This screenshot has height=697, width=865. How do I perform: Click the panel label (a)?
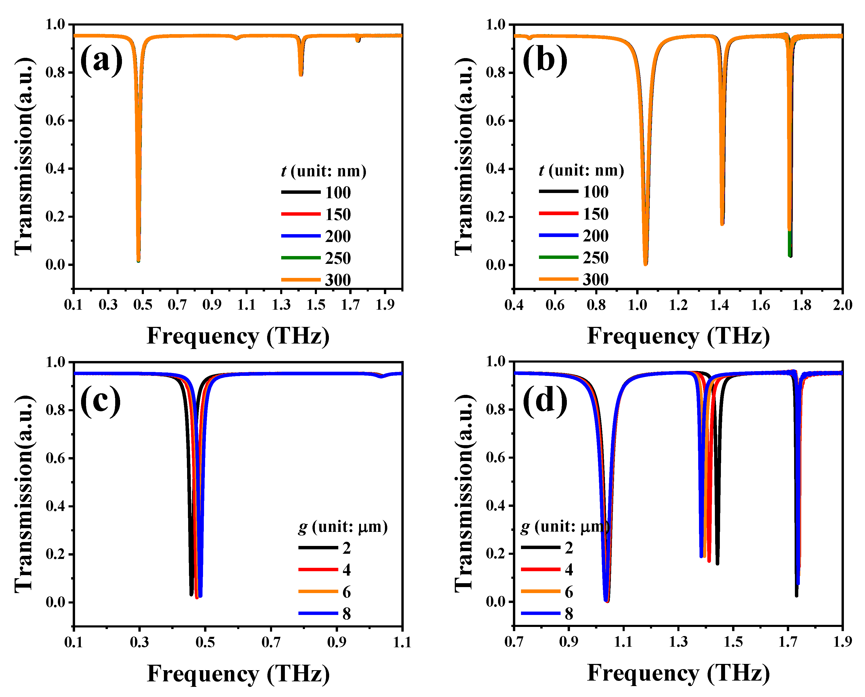click(101, 60)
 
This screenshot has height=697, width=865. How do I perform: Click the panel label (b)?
click(545, 60)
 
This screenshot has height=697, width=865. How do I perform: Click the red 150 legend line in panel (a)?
click(300, 214)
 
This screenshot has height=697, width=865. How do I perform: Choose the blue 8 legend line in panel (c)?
click(318, 613)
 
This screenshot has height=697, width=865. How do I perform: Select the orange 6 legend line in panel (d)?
click(540, 592)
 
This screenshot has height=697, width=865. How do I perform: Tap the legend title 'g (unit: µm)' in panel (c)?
click(343, 526)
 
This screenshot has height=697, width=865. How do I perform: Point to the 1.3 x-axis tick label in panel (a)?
click(281, 305)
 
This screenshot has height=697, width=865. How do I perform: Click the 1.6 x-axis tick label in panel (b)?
click(760, 305)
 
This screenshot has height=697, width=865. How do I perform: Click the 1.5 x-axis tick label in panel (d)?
click(733, 642)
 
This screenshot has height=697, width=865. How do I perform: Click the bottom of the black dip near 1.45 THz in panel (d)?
click(717, 563)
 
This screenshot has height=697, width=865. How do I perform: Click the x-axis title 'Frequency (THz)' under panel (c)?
click(238, 674)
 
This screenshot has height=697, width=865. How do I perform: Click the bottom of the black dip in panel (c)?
click(191, 594)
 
